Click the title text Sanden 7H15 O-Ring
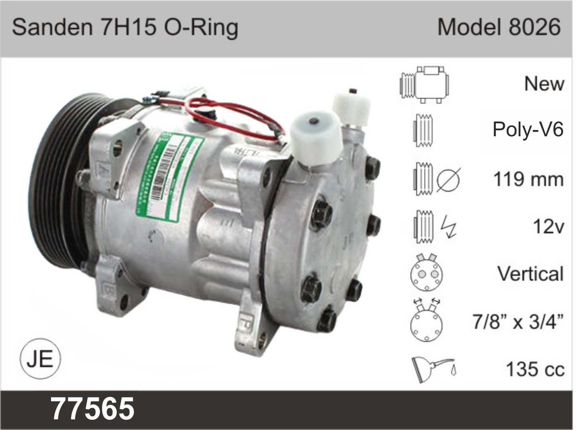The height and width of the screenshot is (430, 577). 125,28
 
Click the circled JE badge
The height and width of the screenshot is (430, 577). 40,359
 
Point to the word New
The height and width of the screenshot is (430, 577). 544,84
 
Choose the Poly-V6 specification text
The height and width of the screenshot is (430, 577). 528,129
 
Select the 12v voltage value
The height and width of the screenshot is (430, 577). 548,227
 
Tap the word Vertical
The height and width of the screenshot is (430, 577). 530,274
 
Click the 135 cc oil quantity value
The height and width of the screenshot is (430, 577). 535,369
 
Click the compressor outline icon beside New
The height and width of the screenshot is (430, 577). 425,84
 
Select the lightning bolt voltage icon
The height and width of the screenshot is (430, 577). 449,226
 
